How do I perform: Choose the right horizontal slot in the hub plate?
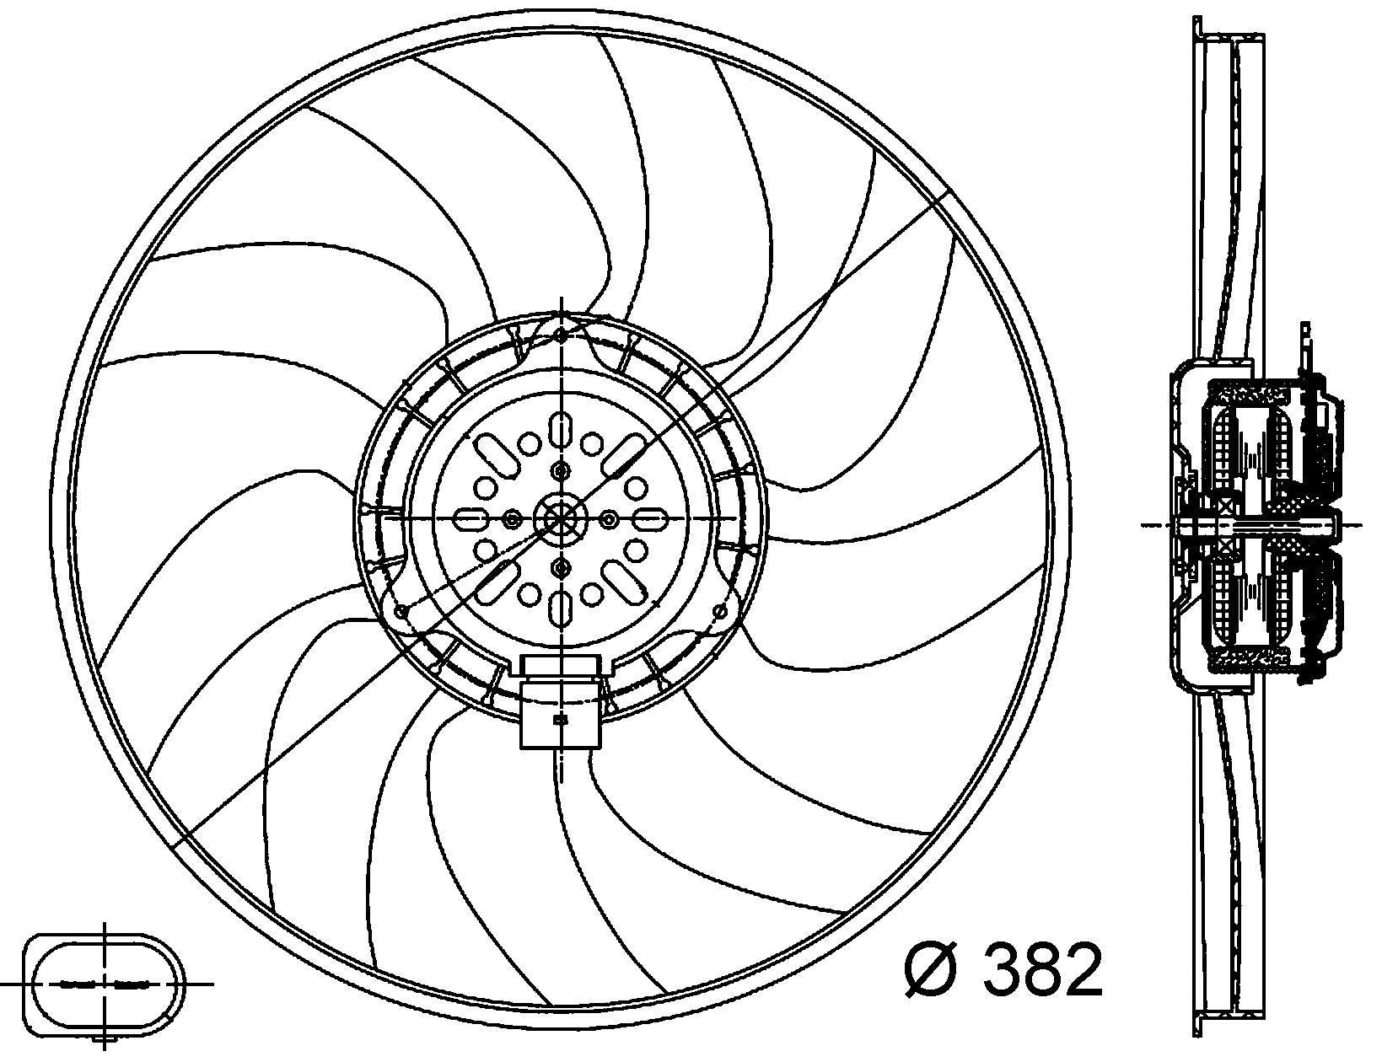(x=651, y=519)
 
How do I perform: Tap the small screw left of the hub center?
(x=511, y=519)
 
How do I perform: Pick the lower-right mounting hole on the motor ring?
(x=719, y=609)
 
